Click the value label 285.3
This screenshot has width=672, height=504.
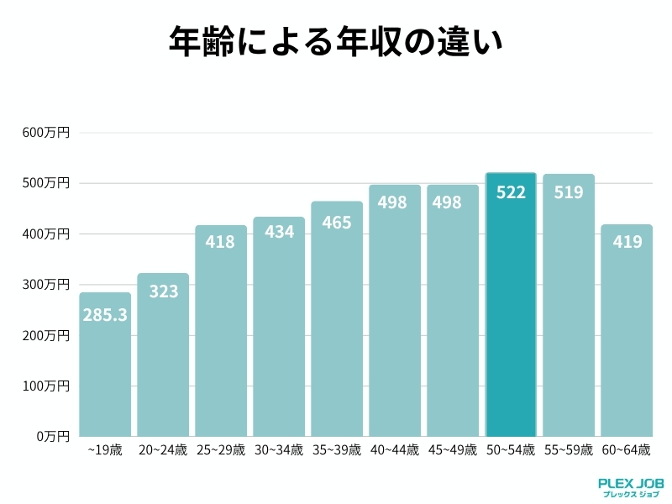point(105,316)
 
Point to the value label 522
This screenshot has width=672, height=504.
point(511,192)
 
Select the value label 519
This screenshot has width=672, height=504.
point(569,192)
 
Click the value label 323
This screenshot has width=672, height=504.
point(163,292)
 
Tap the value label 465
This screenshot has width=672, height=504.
point(337,223)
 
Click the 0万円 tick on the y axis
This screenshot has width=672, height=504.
point(53,437)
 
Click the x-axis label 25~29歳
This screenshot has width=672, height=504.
point(221,450)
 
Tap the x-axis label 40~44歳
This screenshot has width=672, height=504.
point(395,450)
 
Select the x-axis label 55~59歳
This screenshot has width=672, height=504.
point(569,450)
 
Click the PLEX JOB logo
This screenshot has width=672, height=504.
point(631,487)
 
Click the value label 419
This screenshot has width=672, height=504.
point(627,243)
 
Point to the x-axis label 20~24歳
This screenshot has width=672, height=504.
point(163,450)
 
